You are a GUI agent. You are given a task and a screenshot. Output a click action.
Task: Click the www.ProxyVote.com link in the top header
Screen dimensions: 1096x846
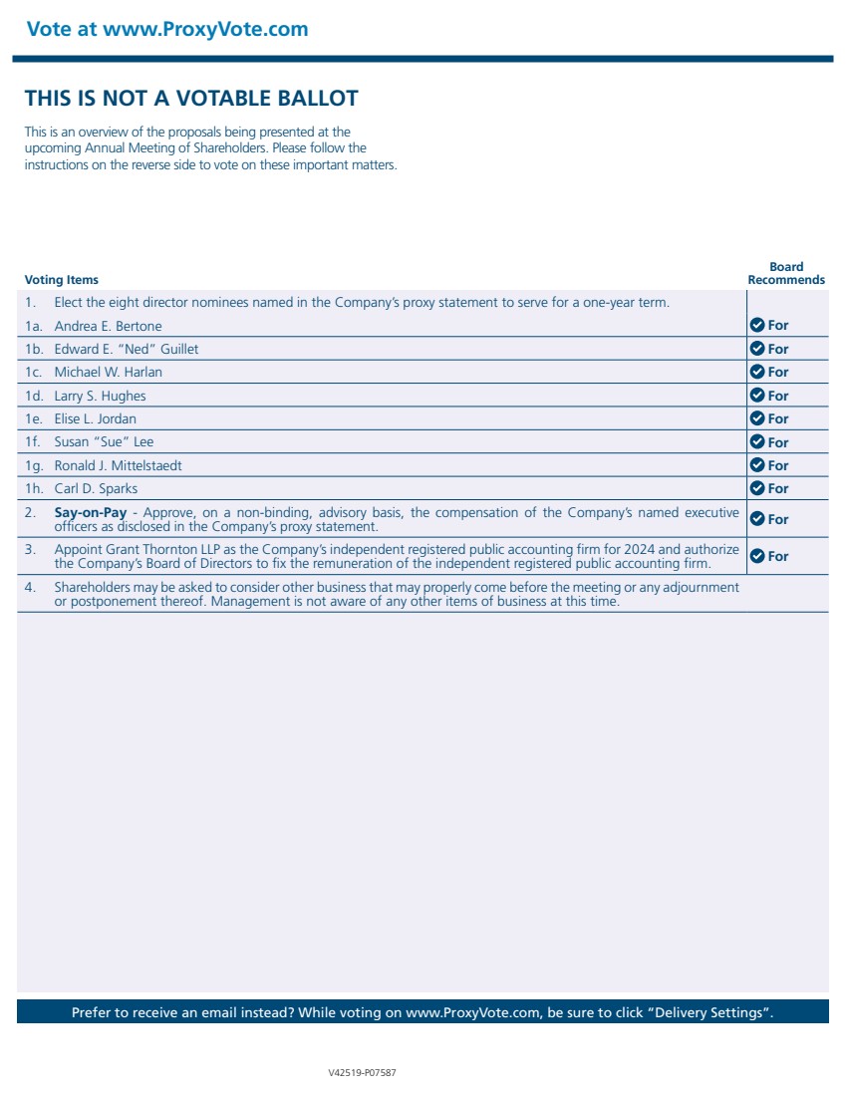tap(205, 29)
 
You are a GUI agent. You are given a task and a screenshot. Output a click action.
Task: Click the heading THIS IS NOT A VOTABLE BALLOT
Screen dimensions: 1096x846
tap(191, 98)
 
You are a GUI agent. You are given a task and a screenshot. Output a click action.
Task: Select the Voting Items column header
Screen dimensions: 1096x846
tap(61, 280)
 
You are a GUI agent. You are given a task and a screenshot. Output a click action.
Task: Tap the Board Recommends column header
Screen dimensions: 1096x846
tap(786, 274)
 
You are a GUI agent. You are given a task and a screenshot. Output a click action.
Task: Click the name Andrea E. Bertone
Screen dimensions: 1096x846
tap(108, 326)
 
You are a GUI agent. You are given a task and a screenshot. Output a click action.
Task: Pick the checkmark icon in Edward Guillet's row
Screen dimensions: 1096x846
tap(756, 349)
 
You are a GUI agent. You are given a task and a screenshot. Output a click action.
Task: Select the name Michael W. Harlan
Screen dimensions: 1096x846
tap(108, 372)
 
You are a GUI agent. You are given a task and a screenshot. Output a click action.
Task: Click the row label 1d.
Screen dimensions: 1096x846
tap(34, 396)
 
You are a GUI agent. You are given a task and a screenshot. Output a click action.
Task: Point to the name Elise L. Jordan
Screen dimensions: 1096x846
tap(95, 418)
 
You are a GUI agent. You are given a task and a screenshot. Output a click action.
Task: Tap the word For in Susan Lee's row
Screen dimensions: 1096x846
tap(778, 442)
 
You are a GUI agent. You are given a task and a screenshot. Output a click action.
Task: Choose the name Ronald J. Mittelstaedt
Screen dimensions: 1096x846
tap(118, 465)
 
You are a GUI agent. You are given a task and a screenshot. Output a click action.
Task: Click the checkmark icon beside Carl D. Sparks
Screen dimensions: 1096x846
tap(756, 488)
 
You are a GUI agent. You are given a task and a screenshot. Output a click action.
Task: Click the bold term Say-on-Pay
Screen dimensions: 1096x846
tap(91, 513)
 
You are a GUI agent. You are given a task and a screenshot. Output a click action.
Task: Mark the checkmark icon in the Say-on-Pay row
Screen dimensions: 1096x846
tap(756, 519)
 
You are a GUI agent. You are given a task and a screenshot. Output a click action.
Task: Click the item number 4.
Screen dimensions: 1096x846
tap(30, 587)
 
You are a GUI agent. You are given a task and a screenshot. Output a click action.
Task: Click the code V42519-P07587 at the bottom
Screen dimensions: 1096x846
tap(363, 1073)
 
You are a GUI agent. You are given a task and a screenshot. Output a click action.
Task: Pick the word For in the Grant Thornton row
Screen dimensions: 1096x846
tap(778, 556)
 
